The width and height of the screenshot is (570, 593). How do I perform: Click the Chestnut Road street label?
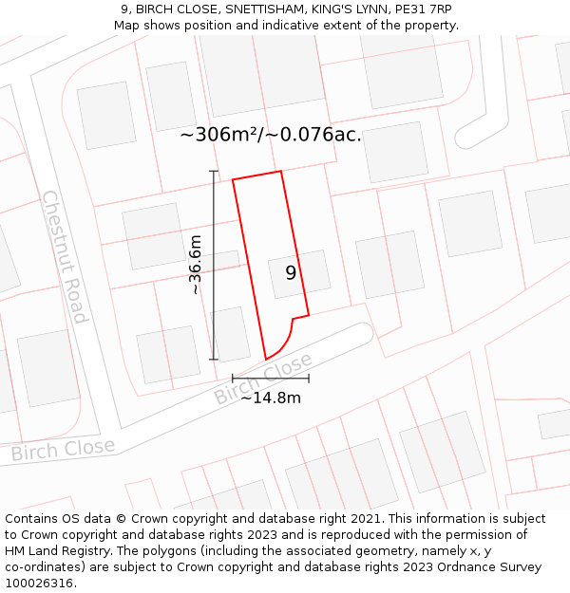(65, 256)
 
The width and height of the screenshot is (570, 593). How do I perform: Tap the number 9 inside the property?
(291, 273)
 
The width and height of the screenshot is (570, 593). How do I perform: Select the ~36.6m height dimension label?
(196, 266)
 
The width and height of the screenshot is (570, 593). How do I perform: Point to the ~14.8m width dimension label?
(270, 398)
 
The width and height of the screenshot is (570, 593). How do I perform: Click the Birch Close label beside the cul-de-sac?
(263, 380)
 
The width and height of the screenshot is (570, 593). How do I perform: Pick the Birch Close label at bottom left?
(63, 449)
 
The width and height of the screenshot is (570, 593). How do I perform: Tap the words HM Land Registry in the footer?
(59, 551)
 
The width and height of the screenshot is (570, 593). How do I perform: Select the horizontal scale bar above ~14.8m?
(271, 379)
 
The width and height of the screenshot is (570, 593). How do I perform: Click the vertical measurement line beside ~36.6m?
(214, 266)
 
